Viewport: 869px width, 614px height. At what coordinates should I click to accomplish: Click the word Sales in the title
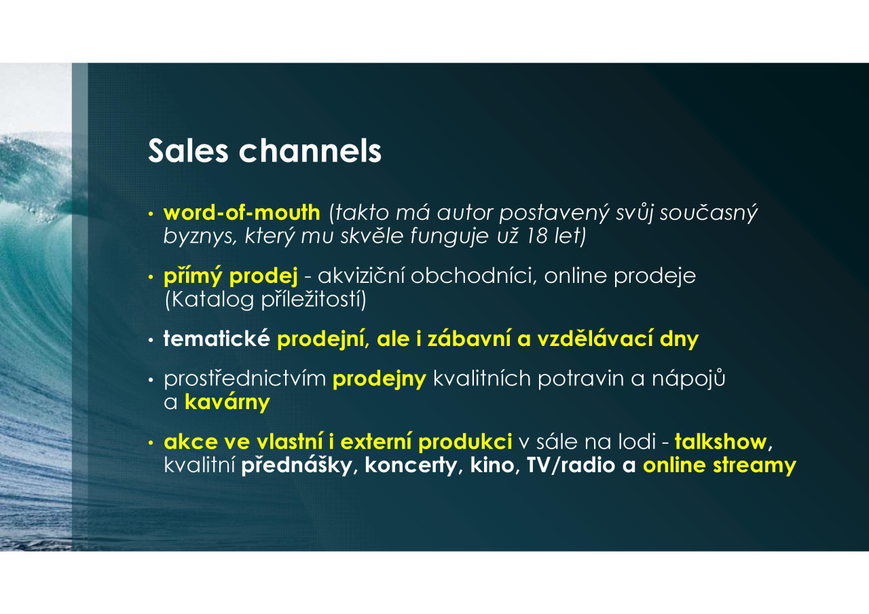188,151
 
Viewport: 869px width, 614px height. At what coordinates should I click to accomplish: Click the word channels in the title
310,151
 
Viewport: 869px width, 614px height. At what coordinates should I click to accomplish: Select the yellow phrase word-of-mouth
242,212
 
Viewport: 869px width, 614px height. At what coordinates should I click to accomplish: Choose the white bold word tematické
217,339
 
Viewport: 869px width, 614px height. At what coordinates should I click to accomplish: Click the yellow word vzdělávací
595,339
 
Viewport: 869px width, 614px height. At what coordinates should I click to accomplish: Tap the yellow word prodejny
380,379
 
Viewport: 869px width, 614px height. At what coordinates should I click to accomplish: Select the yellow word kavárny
227,402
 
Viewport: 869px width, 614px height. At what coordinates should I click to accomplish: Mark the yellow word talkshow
721,442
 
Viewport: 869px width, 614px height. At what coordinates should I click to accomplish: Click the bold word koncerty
411,465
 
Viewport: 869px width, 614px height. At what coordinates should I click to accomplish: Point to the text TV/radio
571,465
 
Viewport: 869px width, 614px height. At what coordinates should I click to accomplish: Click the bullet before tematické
151,340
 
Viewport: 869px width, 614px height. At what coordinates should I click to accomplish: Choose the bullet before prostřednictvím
151,379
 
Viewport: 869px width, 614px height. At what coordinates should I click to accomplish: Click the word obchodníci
473,276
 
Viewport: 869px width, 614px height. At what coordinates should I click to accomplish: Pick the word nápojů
688,379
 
